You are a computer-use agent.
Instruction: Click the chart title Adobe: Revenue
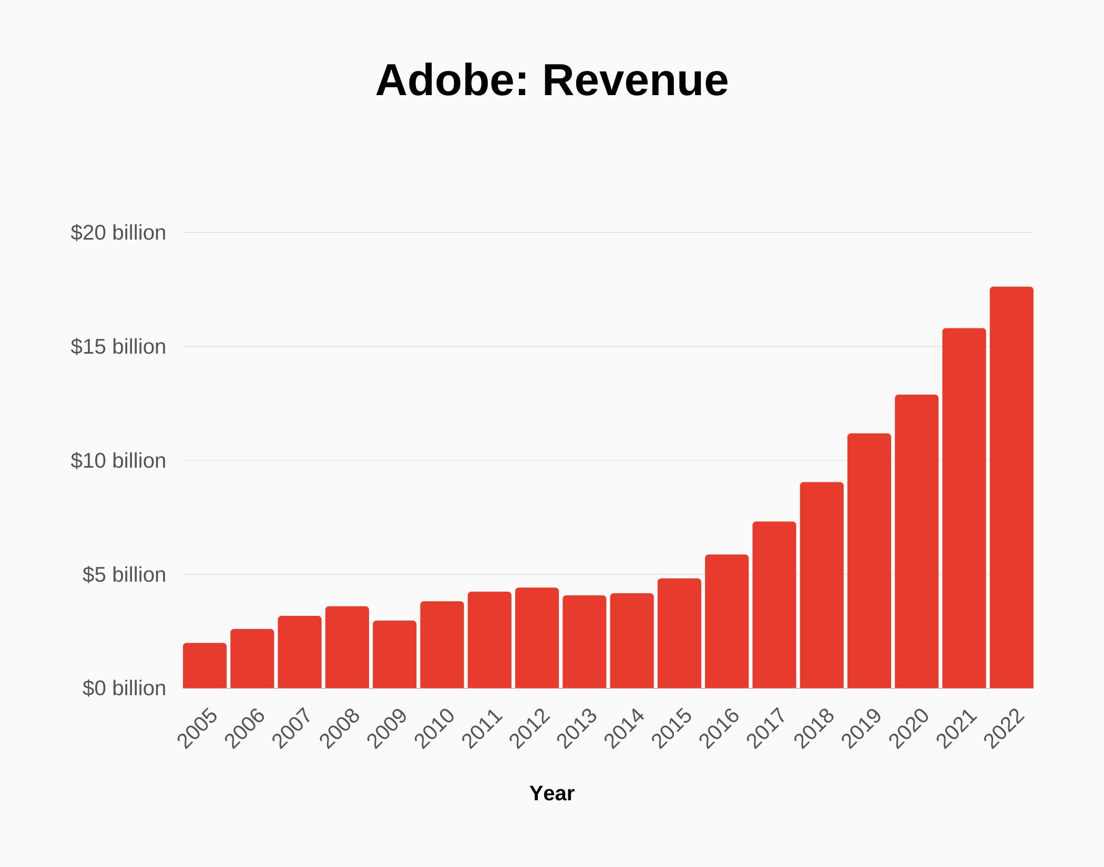tap(552, 80)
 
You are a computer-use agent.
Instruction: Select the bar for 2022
tap(1011, 487)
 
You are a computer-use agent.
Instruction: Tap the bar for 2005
tap(205, 665)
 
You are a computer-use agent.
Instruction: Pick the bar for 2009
tap(394, 654)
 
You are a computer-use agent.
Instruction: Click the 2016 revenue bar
tap(727, 621)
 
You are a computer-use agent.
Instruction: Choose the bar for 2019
tap(869, 561)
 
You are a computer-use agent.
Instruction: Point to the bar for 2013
tap(584, 642)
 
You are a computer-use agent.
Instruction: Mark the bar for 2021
tap(964, 508)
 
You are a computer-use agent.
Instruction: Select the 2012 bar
tap(537, 638)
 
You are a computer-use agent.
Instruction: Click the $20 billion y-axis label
tap(118, 233)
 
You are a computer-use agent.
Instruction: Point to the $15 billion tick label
tap(118, 347)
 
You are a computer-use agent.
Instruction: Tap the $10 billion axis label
tap(118, 461)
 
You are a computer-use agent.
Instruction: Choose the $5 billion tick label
tap(124, 575)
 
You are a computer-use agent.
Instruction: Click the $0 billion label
tap(124, 688)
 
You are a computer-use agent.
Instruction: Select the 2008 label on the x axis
tap(340, 728)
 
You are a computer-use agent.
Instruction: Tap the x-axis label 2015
tap(672, 728)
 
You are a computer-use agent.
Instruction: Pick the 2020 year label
tap(909, 728)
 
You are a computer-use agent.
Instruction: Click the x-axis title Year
tap(552, 793)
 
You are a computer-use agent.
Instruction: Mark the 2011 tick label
tap(482, 728)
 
